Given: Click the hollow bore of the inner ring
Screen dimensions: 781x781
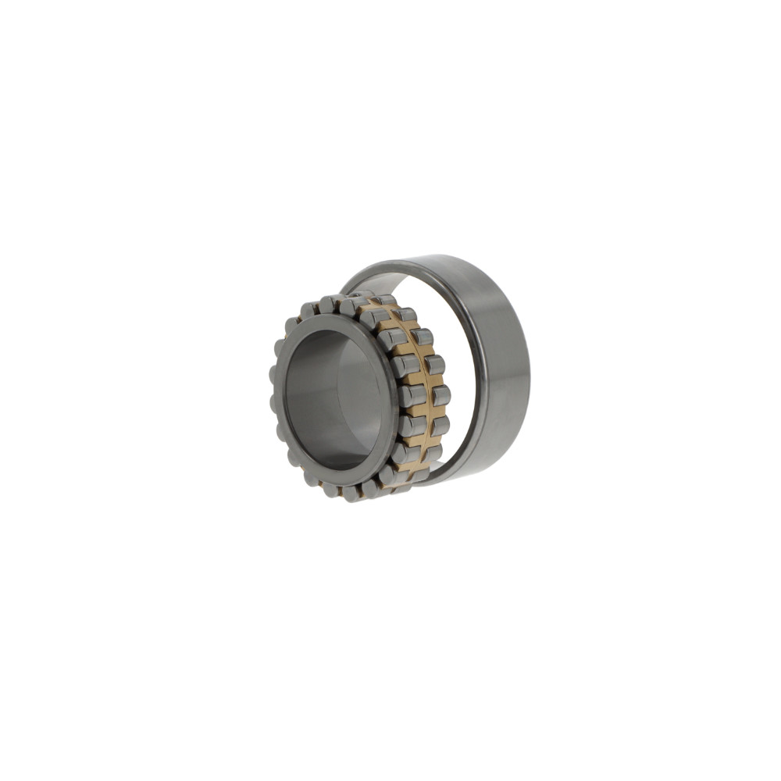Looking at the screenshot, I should pyautogui.click(x=336, y=398).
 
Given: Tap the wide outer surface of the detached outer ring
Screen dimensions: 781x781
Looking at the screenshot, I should pyautogui.click(x=492, y=367).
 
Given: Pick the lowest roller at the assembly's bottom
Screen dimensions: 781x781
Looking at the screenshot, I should pyautogui.click(x=351, y=494).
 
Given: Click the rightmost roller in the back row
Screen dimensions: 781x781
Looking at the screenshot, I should pyautogui.click(x=441, y=396).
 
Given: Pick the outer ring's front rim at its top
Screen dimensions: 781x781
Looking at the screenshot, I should pyautogui.click(x=375, y=269).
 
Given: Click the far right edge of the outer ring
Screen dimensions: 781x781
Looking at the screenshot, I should pyautogui.click(x=526, y=367).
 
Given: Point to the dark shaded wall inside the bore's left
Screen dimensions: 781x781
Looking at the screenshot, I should pyautogui.click(x=301, y=398).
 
